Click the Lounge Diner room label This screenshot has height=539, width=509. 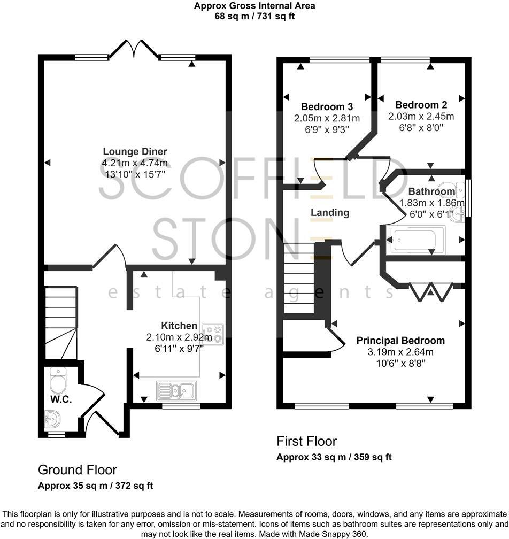[135, 152]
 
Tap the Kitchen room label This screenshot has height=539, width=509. [179, 326]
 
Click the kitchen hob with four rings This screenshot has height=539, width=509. [213, 334]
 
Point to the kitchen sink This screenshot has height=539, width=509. [176, 390]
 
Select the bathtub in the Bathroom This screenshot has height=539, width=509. [418, 239]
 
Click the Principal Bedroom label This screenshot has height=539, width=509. [400, 341]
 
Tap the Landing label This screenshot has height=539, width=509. [330, 213]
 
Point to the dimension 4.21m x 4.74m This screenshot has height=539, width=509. [135, 163]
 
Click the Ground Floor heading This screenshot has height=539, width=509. [77, 470]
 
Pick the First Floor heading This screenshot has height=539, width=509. [307, 441]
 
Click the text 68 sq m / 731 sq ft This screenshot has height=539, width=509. [254, 16]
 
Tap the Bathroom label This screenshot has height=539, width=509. [432, 191]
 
